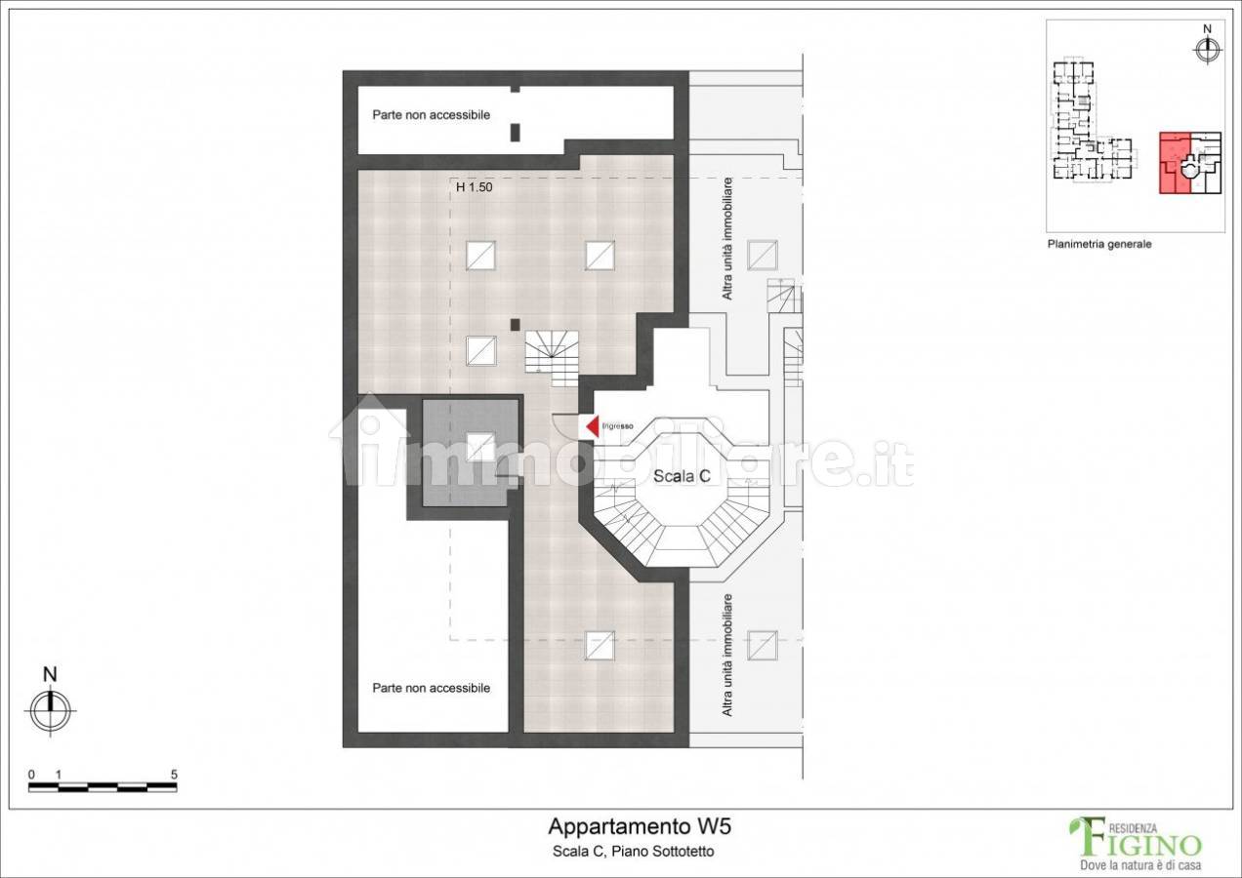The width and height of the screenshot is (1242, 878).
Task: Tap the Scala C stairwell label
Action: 682,476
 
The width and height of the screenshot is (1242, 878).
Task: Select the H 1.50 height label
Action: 475,187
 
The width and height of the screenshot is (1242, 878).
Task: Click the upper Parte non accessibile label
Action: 432,115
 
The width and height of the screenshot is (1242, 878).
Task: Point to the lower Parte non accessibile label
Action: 432,688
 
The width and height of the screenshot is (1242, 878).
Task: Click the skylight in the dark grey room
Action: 480,447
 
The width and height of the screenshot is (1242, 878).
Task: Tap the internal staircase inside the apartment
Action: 552,358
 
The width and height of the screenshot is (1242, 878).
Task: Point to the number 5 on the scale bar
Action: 174,775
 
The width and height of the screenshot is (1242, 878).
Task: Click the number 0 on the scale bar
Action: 31,775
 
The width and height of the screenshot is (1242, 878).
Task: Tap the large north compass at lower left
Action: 51,710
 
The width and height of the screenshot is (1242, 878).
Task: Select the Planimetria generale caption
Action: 1099,244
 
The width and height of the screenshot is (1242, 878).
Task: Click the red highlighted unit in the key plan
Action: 1174,164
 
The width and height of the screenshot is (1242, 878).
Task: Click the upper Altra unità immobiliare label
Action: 727,239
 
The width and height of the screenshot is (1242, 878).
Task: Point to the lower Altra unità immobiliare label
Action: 727,656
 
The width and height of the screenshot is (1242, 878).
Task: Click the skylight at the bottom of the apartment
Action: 600,646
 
